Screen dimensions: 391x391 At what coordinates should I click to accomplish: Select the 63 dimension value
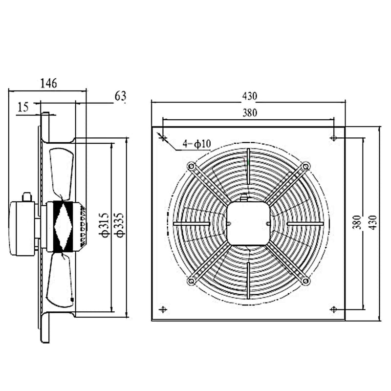coord(121,96)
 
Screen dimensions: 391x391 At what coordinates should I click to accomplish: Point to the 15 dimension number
coord(23,107)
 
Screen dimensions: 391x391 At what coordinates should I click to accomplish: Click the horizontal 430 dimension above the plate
coord(248,96)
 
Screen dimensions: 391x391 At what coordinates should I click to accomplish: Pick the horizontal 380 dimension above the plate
coord(248,113)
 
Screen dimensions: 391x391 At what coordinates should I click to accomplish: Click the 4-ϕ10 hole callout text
coord(196,144)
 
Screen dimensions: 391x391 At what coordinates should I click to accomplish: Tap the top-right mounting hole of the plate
coord(333,138)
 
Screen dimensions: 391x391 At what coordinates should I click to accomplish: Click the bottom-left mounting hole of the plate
coord(163,309)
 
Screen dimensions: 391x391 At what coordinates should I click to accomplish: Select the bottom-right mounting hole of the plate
coord(333,309)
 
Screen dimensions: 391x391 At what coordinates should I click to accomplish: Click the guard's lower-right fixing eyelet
coord(305,281)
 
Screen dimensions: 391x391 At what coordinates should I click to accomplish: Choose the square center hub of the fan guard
coord(248,223)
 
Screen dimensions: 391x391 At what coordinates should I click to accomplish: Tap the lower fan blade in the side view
coord(62,281)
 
